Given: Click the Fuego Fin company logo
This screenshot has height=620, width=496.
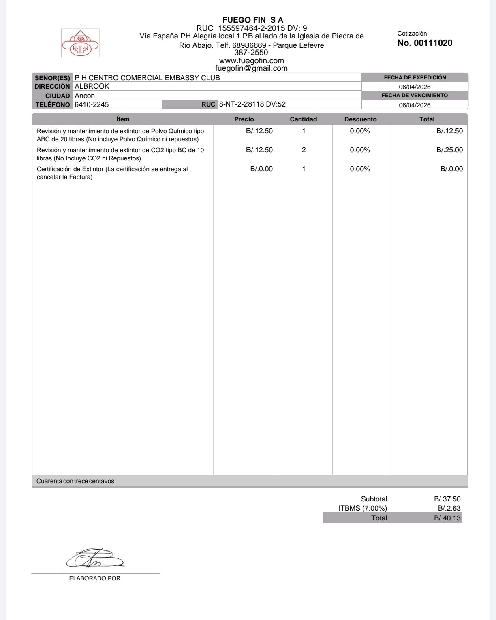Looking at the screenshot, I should pos(80,43).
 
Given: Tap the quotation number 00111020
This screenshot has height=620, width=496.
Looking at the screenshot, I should pos(425,43).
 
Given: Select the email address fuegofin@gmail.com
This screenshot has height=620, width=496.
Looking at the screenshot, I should pos(251,68).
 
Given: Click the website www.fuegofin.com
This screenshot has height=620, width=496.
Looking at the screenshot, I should pos(251,61).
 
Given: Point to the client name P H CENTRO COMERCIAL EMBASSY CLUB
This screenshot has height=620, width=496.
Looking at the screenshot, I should pos(147,78).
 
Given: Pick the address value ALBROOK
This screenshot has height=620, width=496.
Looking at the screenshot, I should pos(92,86).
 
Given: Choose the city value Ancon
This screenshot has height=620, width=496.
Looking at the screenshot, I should pos(85,96).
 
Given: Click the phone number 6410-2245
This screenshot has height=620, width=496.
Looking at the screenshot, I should pos(92,104).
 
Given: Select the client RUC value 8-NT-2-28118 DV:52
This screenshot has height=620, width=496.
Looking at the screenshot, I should pos(252,104).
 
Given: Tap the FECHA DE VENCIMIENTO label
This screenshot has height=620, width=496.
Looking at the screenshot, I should pos(415,96).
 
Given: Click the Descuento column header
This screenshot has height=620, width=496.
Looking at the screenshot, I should pos(360,119).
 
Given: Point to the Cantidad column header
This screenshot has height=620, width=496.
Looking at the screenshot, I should pos(303,119).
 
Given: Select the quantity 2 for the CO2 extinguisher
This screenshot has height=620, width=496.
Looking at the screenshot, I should pos(304,150).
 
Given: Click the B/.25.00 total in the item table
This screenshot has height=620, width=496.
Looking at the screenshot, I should pos(449,150).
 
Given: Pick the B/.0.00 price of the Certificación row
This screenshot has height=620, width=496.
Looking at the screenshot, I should pos(261,169).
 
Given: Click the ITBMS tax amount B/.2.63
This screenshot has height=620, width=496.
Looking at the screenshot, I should pos(449,508).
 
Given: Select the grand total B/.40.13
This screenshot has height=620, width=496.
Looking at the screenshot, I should pos(447,518).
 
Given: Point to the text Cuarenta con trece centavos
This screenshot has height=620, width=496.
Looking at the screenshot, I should pos(75,481).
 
